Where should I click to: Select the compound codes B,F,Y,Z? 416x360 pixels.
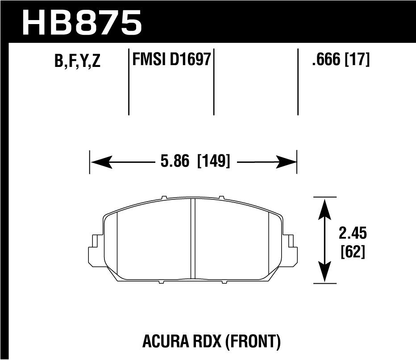[77, 62]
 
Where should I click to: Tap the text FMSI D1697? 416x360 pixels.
[171, 59]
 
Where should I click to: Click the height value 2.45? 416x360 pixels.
[353, 234]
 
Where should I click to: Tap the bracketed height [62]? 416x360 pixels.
[353, 252]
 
